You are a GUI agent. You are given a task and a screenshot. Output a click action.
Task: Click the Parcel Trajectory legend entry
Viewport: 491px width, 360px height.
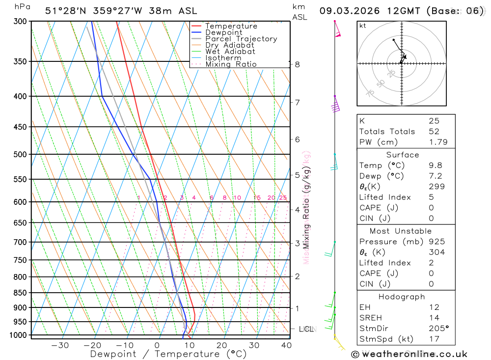point(241,39)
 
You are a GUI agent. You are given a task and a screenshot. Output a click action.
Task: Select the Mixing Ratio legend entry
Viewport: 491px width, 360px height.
point(231,64)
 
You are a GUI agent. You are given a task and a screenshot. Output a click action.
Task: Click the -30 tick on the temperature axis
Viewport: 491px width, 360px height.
point(60,345)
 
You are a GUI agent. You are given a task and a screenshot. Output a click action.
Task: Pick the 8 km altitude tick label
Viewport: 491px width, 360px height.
point(297,64)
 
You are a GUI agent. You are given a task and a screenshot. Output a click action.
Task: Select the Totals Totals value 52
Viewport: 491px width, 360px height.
point(434,132)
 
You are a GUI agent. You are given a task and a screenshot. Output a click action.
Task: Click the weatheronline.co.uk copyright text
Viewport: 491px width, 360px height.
point(409,354)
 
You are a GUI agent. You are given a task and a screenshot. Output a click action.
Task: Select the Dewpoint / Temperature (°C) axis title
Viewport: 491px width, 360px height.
point(168,354)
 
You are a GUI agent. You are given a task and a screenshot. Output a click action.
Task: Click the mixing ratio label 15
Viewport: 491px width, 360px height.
point(257,198)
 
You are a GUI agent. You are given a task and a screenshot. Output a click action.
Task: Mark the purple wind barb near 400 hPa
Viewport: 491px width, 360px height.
point(336,107)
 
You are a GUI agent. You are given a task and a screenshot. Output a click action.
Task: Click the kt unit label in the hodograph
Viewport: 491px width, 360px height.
point(363,26)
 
